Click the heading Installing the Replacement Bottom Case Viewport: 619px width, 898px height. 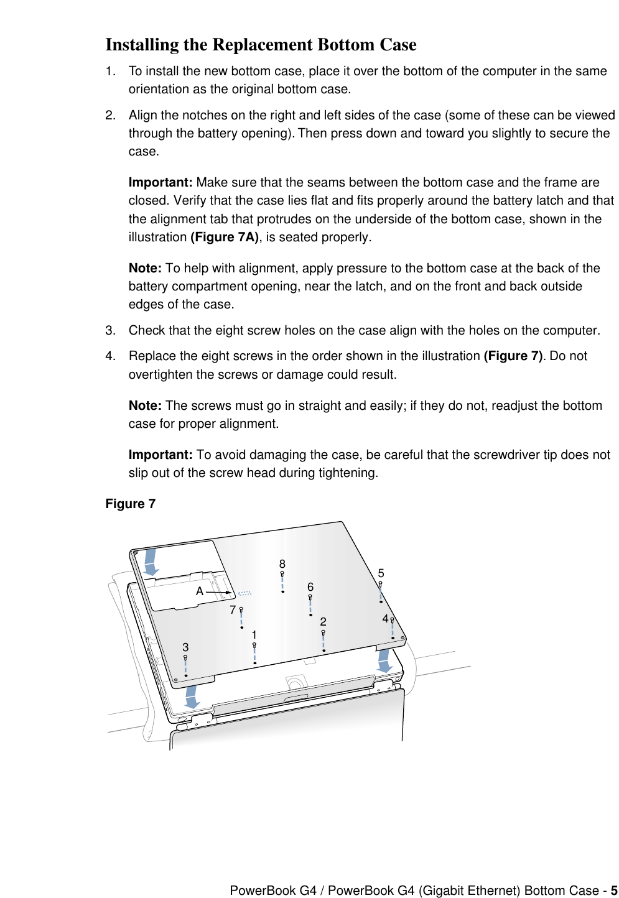(261, 45)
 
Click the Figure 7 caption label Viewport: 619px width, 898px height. (130, 504)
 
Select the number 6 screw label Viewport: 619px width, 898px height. (310, 587)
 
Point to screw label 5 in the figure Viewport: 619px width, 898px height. (381, 573)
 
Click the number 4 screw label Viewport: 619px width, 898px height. (385, 619)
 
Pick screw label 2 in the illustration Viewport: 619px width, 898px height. (323, 622)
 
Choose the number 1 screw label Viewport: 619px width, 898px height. (254, 635)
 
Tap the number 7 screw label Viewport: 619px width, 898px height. (233, 610)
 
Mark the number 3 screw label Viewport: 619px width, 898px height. (185, 647)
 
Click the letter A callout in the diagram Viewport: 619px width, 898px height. (200, 591)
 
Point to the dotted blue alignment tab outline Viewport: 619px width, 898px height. (244, 593)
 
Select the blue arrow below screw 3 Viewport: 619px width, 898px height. (192, 697)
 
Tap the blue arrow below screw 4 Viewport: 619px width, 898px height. (384, 660)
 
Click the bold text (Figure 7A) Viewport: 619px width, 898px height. (224, 237)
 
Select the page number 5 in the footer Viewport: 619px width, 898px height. (613, 891)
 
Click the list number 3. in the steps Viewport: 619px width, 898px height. (110, 330)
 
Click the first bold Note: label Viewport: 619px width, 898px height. (145, 268)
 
